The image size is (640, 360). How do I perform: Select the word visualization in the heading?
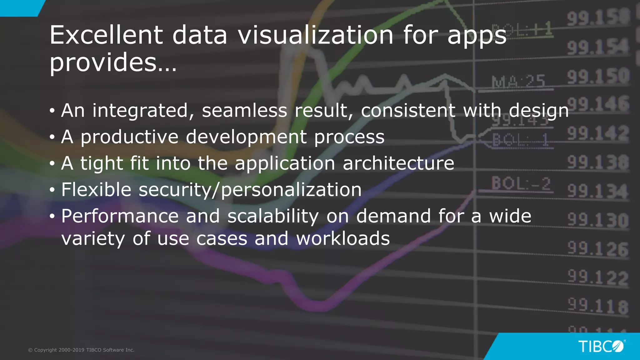[316, 35]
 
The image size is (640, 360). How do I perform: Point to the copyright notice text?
[81, 350]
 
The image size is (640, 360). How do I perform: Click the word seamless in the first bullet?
[244, 111]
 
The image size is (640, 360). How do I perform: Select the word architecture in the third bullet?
[398, 163]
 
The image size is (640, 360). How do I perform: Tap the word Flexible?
[96, 190]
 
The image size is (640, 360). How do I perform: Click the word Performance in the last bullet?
[120, 216]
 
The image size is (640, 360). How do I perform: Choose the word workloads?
[343, 239]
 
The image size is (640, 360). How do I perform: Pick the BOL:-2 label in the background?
[521, 183]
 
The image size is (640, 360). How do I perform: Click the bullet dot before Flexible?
[52, 190]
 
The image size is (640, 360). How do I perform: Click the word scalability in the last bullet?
[273, 216]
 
